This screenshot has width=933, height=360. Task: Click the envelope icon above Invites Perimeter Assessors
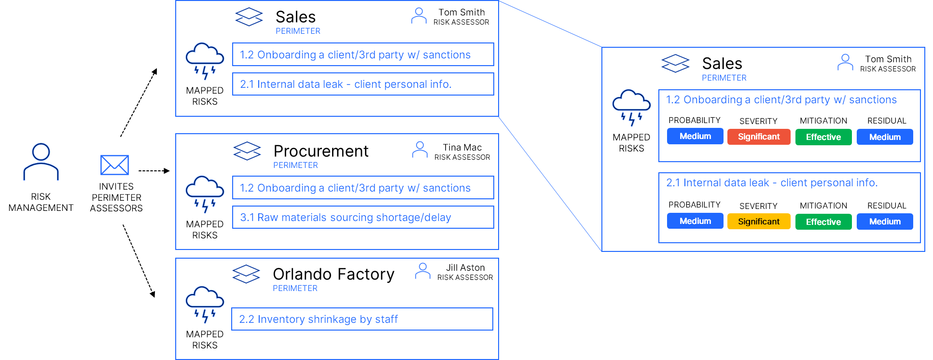pyautogui.click(x=114, y=165)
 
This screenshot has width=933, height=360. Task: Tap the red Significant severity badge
pyautogui.click(x=758, y=137)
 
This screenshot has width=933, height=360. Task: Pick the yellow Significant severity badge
pyautogui.click(x=758, y=222)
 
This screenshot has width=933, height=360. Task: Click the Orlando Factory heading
pyautogui.click(x=334, y=274)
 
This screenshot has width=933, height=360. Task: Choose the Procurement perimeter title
pyautogui.click(x=321, y=151)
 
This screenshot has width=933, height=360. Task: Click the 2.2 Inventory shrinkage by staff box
pyautogui.click(x=362, y=319)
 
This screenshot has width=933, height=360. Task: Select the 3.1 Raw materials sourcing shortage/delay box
pyautogui.click(x=363, y=217)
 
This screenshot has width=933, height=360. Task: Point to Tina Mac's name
pyautogui.click(x=462, y=147)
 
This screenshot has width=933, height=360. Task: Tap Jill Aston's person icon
pyautogui.click(x=422, y=271)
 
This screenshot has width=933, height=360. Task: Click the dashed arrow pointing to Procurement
pyautogui.click(x=154, y=171)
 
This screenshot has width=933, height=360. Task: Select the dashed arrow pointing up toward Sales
pyautogui.click(x=139, y=102)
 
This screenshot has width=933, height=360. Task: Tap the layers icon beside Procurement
pyautogui.click(x=247, y=151)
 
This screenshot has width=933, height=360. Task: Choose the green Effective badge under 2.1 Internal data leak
pyautogui.click(x=823, y=222)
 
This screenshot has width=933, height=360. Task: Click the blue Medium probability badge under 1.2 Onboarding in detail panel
pyautogui.click(x=695, y=137)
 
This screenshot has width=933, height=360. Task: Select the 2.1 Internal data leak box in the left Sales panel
pyautogui.click(x=363, y=84)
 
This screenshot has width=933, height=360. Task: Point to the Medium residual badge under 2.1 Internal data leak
pyautogui.click(x=885, y=222)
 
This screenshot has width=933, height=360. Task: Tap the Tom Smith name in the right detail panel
pyautogui.click(x=888, y=59)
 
